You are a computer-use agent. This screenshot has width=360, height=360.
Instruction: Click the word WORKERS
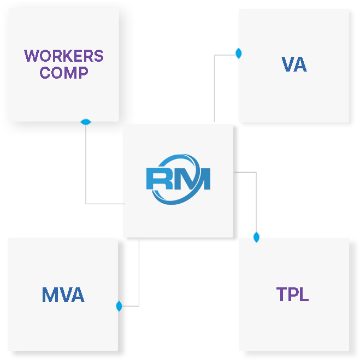point(64,56)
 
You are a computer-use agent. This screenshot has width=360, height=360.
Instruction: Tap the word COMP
point(64,73)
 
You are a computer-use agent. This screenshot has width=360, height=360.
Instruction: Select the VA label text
point(294,64)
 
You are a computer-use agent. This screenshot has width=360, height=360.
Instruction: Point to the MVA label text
point(63,295)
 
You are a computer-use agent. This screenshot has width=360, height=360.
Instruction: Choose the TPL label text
point(292,294)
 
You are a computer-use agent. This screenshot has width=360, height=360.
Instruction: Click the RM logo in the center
point(178,180)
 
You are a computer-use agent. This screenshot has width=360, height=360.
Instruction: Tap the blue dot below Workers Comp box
point(86,122)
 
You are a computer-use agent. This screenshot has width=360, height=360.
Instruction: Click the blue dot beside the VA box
point(238,54)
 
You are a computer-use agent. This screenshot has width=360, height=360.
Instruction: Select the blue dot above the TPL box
point(256,237)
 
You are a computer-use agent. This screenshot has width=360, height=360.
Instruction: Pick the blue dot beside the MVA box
point(119,306)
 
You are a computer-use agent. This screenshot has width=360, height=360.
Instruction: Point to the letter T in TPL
point(282,294)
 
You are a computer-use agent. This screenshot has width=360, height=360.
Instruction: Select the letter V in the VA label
point(287,64)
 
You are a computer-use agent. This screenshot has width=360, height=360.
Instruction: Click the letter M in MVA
point(49,295)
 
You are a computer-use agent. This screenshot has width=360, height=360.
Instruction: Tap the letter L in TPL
point(304,294)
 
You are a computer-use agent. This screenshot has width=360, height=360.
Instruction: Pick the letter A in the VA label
point(300,64)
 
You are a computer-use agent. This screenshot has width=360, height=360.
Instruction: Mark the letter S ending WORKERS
point(98,56)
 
